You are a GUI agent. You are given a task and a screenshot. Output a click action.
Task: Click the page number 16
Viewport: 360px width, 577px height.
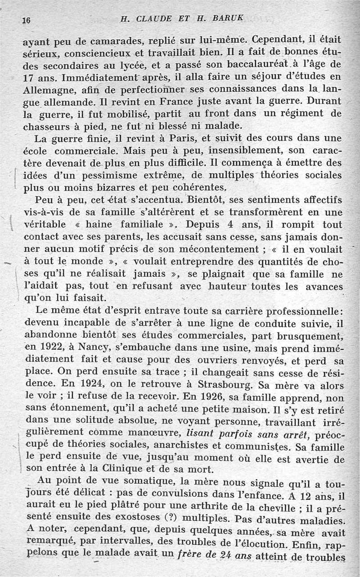coord(26,20)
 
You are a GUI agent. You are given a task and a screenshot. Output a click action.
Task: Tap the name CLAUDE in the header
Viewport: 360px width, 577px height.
coord(153,19)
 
